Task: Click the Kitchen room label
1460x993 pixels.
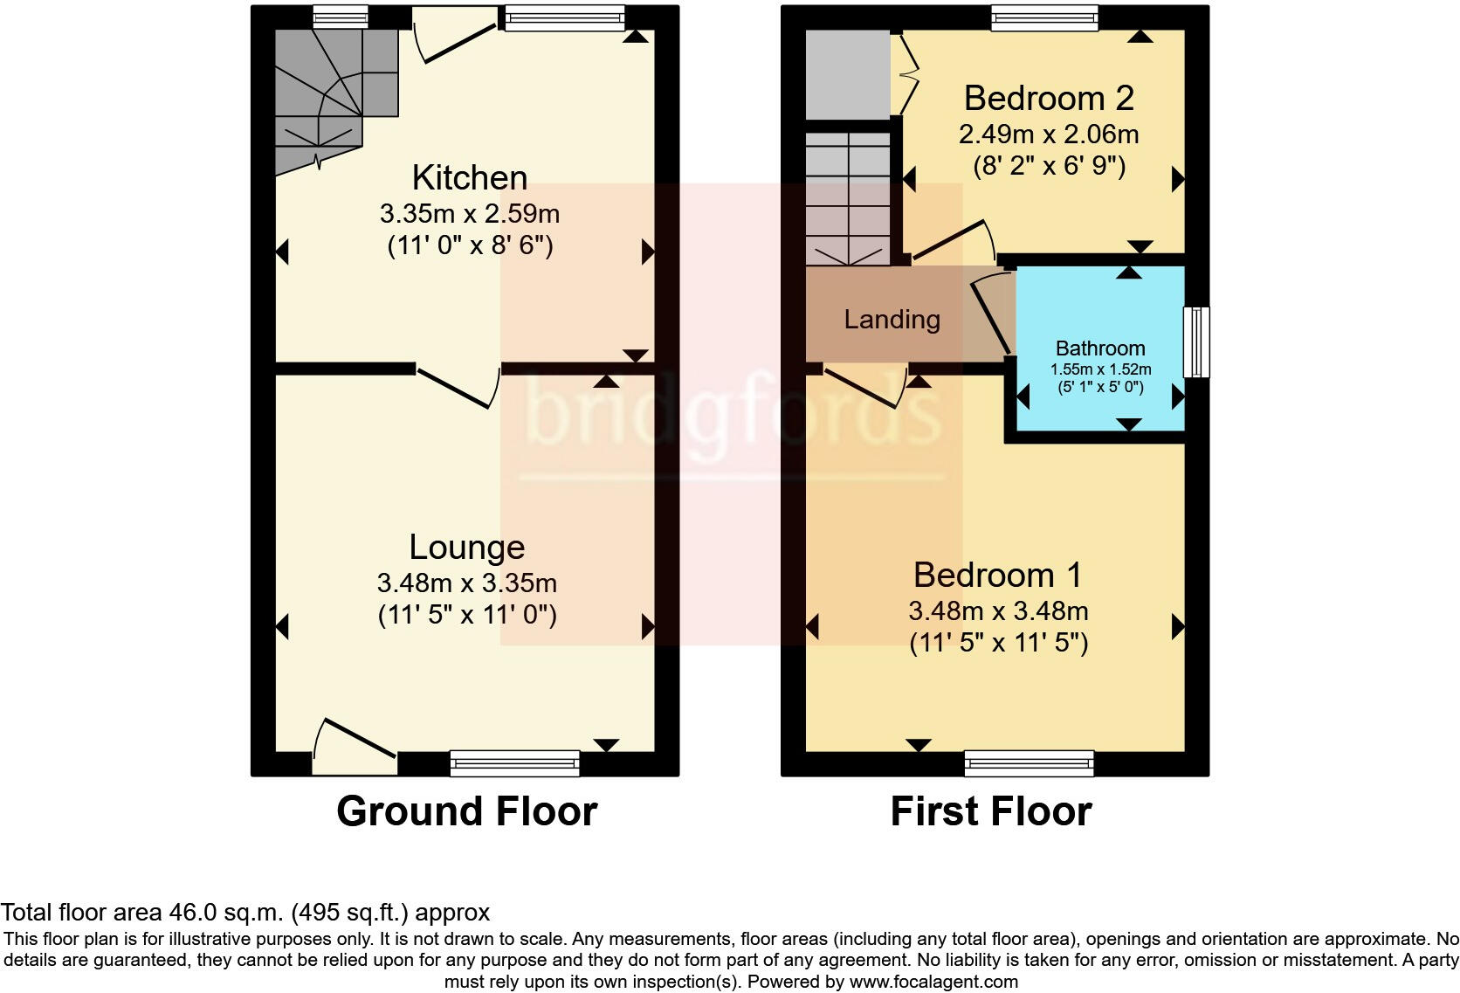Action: coord(469,177)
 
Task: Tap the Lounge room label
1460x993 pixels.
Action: coord(466,548)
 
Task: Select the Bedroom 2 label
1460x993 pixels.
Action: coord(1049,99)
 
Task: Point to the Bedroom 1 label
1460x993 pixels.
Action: coord(998,575)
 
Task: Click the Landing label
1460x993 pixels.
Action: coord(892,320)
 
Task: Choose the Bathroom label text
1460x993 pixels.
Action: coord(1100,348)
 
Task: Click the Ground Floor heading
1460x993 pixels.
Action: coord(466,811)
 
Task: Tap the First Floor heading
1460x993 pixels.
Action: coord(991,811)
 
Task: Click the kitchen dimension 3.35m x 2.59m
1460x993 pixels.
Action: coord(469,213)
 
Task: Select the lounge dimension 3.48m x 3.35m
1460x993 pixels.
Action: coord(466,583)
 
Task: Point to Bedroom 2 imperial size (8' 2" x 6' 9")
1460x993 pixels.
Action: coord(1049,166)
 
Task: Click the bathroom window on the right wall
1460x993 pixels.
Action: coord(1196,342)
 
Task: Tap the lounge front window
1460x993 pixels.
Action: coord(514,763)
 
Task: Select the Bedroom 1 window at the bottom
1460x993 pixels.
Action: coord(1030,763)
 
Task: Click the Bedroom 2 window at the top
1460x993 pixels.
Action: coord(1044,17)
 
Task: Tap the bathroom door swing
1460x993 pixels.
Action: coord(991,315)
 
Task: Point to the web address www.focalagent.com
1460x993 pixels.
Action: coord(933,982)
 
